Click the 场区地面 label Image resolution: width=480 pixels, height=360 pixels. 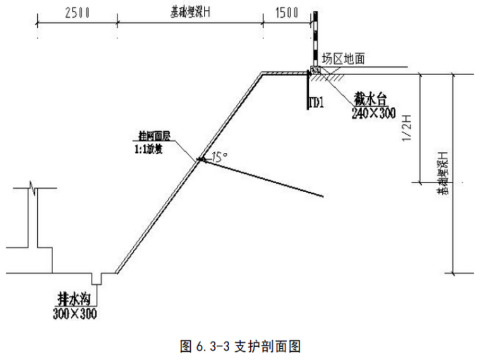coord(344,58)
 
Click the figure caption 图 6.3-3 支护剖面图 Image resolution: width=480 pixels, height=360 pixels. coord(240,345)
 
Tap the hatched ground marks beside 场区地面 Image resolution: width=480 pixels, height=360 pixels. coord(333,76)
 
